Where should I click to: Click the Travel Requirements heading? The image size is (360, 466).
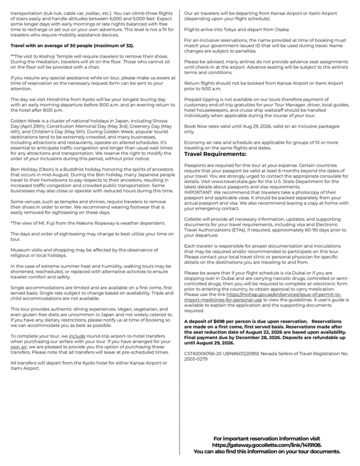216,154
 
